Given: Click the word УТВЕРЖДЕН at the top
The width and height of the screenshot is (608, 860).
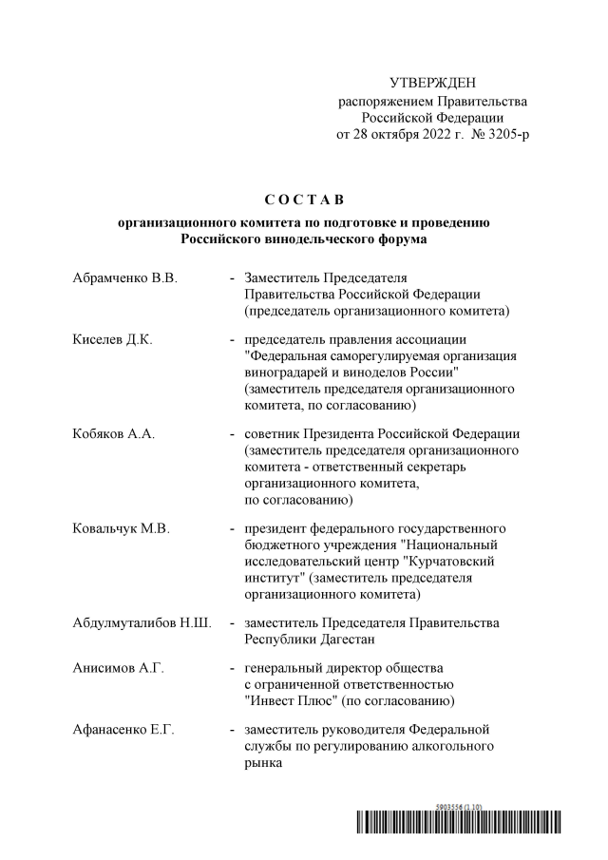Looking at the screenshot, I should [x=433, y=85].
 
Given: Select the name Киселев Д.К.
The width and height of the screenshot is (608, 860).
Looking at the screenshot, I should [x=112, y=339].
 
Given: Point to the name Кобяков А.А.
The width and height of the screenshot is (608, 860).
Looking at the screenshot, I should [x=114, y=434].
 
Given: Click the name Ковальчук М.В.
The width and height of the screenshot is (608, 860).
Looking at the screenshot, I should [x=121, y=528].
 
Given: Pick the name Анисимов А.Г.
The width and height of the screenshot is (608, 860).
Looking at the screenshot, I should [x=118, y=669].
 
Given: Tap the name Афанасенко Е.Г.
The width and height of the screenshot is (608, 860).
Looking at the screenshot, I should [x=123, y=730].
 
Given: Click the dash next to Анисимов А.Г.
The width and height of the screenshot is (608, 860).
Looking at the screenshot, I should [x=233, y=669].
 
